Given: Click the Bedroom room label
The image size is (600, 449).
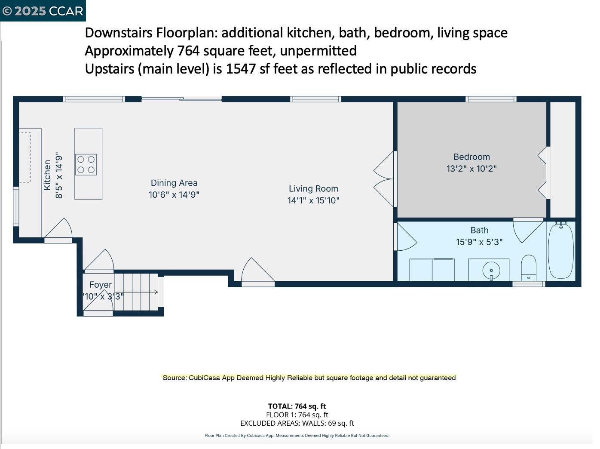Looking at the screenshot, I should [x=471, y=157].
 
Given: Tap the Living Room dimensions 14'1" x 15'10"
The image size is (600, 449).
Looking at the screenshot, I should [x=313, y=200].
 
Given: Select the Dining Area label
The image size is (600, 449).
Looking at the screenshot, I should [x=174, y=183].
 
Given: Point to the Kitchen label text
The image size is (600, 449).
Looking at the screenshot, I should [x=47, y=175].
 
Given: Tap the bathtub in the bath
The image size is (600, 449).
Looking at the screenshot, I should [x=560, y=250].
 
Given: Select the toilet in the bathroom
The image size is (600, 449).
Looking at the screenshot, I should [x=529, y=267].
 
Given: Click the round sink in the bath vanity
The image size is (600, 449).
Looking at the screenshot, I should [x=491, y=271].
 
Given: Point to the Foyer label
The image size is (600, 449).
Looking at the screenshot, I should [x=101, y=285].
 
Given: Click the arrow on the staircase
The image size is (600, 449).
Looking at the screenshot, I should [x=155, y=292].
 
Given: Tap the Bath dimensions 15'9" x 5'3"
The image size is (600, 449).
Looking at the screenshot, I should [x=479, y=242].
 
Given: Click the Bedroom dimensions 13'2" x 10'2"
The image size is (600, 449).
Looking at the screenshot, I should [x=471, y=169].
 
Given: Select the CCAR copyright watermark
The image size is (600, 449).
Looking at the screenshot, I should [x=43, y=11].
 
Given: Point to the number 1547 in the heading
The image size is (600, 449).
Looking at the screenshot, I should [x=241, y=69].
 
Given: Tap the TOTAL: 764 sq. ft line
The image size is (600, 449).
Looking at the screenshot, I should [x=297, y=406].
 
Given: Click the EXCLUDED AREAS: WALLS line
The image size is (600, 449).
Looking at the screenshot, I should [x=297, y=423].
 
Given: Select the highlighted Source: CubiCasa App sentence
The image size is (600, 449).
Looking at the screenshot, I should [x=309, y=378].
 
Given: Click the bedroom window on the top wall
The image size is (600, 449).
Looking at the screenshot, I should [x=491, y=99].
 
